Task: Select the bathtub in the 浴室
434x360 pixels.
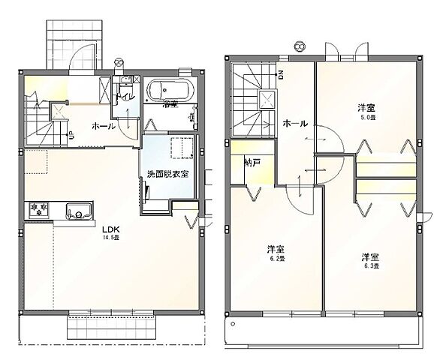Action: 170,89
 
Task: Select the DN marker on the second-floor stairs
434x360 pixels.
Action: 281,74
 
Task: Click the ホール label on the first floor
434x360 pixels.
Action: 104,126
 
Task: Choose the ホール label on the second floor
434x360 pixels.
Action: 294,124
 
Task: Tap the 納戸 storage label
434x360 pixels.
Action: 252,162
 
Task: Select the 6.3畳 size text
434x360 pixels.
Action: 370,265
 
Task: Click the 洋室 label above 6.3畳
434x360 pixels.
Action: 369,255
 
